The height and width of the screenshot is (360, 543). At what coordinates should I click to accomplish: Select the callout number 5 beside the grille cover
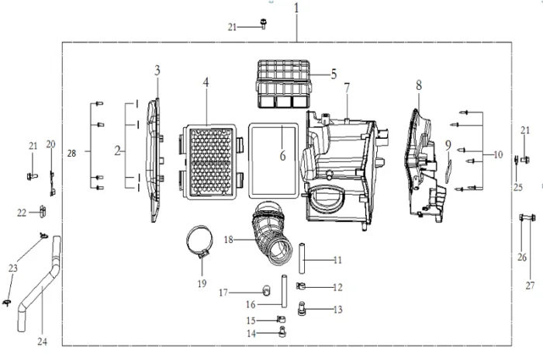point(333,74)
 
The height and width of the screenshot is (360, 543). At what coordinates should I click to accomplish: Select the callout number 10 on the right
point(497,154)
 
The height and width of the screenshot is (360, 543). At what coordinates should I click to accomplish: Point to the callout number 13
point(337,309)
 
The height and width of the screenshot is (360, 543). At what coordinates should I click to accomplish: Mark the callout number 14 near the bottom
point(251,334)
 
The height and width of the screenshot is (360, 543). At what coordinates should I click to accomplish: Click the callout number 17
point(223,292)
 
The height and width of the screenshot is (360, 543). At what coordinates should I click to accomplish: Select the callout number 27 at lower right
point(531,286)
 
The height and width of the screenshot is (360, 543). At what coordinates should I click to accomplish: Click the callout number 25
point(518,187)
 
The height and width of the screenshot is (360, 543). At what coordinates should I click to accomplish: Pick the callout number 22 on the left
point(22,213)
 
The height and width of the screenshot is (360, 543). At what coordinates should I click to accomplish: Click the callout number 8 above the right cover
point(419,84)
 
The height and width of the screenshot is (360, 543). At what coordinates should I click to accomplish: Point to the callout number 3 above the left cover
point(157,71)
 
